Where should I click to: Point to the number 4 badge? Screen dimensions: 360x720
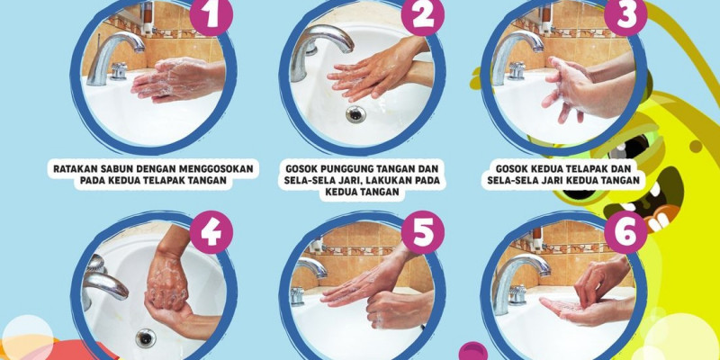click(x=211, y=232)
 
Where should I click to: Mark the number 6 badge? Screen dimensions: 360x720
click(x=624, y=232)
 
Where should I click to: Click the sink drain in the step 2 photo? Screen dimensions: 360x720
click(x=356, y=114)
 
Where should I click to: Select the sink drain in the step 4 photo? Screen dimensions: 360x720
click(x=145, y=337)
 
